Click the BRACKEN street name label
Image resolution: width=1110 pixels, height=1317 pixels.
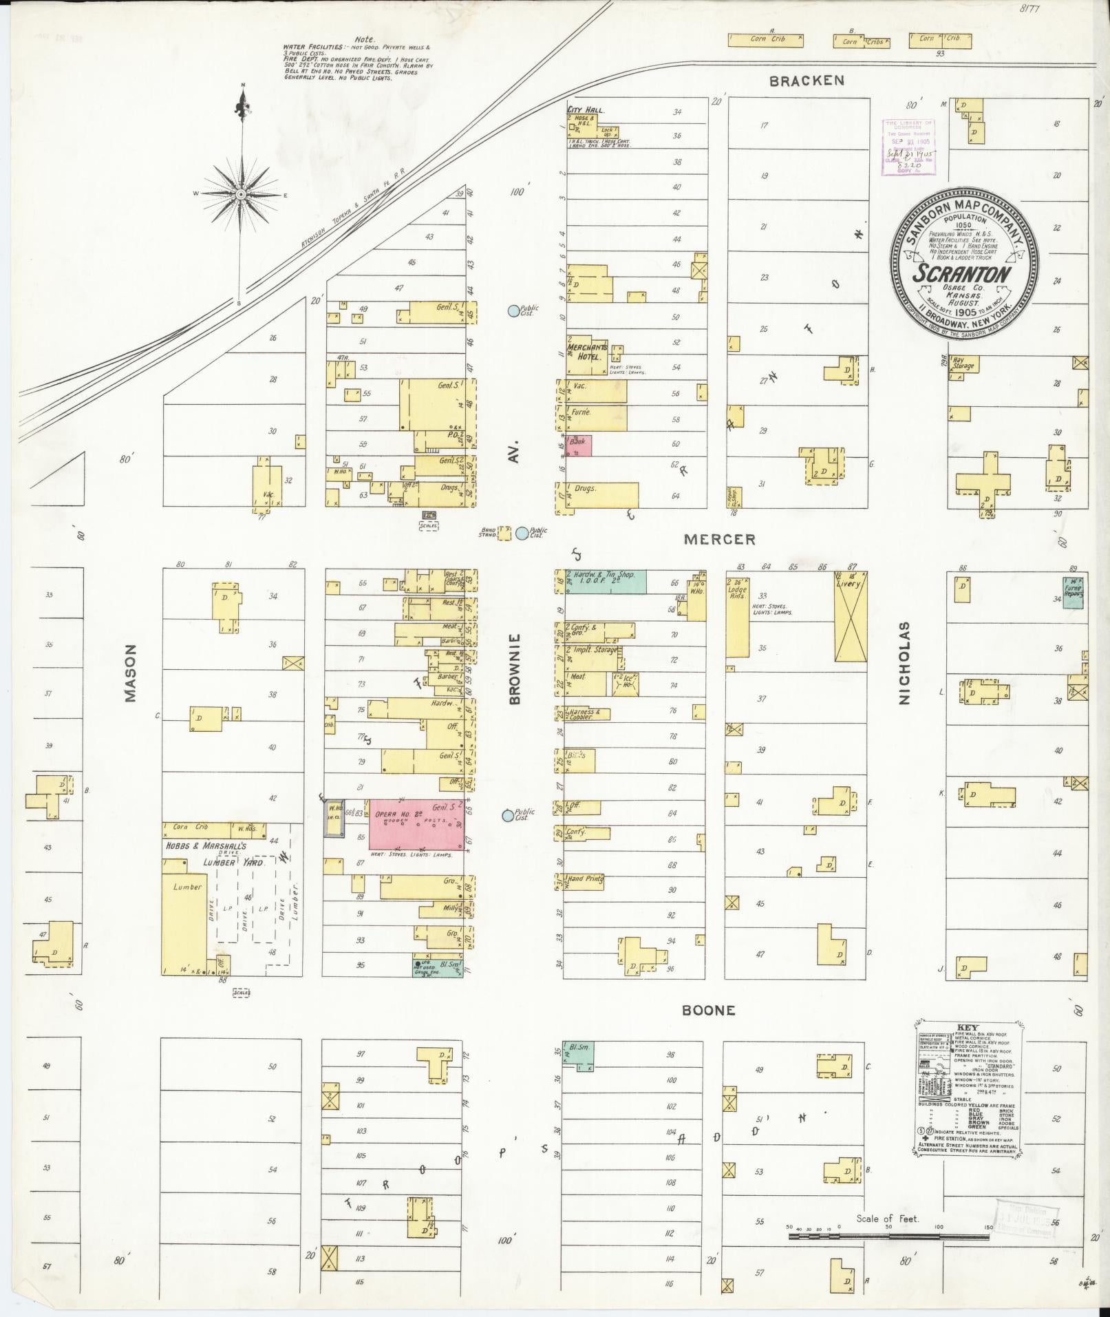pos(807,81)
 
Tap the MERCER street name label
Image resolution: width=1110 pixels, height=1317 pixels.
pos(719,540)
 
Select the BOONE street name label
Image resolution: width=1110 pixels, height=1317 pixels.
pos(709,1011)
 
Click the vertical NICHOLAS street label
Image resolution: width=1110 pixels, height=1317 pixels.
pos(904,663)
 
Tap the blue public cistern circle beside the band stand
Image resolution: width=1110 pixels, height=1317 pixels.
pos(522,532)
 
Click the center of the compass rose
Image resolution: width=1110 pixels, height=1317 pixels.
pos(242,195)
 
